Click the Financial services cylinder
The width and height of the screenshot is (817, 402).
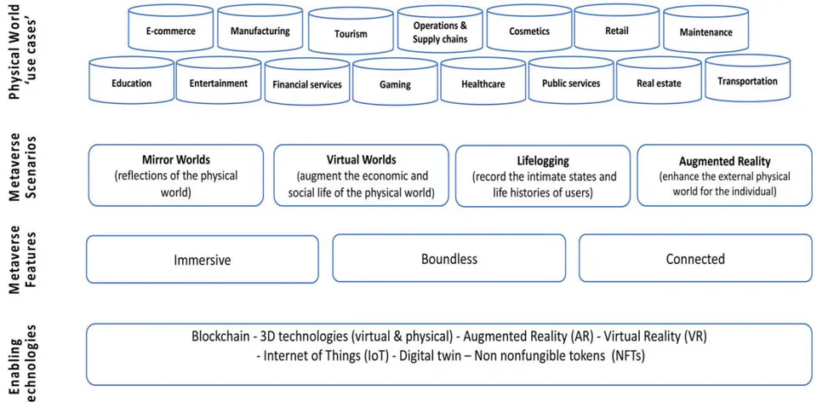pos(307,82)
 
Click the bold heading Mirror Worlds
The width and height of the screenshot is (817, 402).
pos(176,159)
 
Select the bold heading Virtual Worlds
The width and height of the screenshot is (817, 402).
pos(361,159)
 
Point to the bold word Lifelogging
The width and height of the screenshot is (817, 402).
pos(544,160)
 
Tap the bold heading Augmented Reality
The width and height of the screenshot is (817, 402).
pos(725,161)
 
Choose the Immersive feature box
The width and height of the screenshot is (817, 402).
pos(203,259)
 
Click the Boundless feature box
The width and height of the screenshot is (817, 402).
pos(449,258)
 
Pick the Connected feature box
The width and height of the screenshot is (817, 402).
pos(695,258)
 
